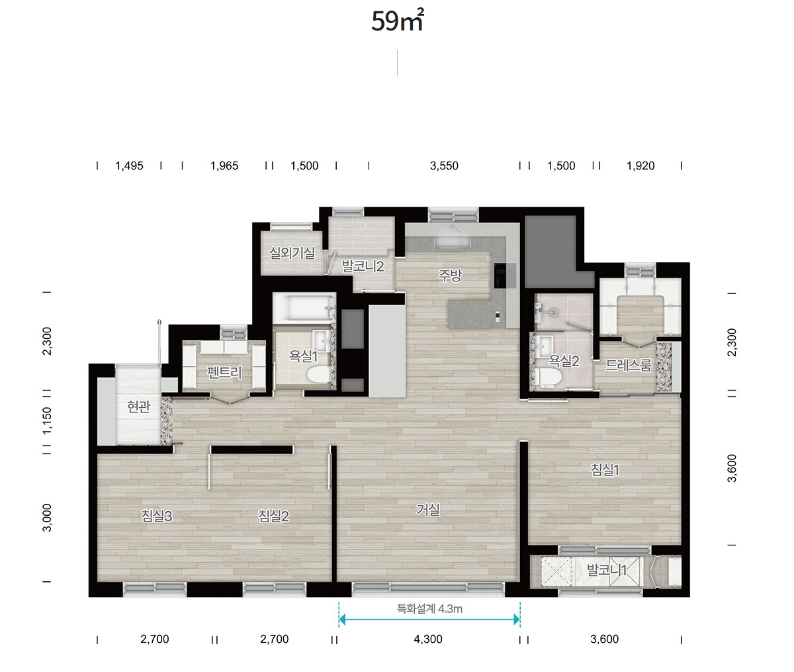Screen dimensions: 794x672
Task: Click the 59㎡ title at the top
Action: (x=398, y=21)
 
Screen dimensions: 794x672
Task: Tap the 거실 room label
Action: (x=428, y=510)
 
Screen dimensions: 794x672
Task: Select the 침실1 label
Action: (x=605, y=470)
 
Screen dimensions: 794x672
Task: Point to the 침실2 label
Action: (x=273, y=516)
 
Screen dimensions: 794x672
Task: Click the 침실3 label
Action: (x=157, y=516)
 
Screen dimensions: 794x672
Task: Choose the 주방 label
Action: (x=450, y=275)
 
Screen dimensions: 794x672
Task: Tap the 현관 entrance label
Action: (x=138, y=407)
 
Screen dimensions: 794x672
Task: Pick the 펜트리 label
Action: (x=224, y=372)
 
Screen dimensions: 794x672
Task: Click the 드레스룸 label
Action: (x=629, y=365)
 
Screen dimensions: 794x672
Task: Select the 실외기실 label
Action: (x=292, y=253)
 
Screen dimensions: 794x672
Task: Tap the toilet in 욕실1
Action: (x=318, y=375)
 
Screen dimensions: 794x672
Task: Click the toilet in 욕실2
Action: (x=548, y=377)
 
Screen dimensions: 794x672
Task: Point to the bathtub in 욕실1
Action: (x=304, y=308)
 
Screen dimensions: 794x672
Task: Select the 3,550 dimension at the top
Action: (x=444, y=166)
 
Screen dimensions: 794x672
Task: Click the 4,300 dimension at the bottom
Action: (x=428, y=639)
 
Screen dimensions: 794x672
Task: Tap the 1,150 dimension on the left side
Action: (x=47, y=421)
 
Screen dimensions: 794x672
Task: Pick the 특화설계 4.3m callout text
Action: (x=429, y=609)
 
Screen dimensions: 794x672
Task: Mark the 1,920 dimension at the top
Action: (x=640, y=166)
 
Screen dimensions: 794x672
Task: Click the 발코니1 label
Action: (x=607, y=570)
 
